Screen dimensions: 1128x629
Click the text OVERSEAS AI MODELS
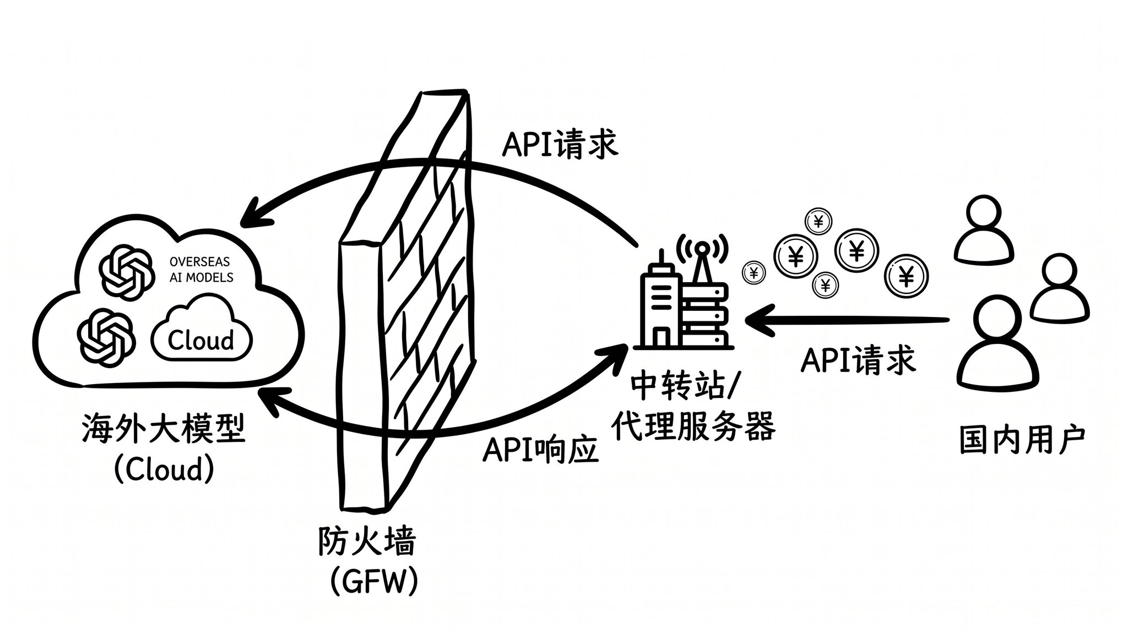201,269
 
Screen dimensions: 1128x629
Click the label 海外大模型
164,429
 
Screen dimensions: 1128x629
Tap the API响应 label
540,452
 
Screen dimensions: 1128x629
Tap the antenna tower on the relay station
701,259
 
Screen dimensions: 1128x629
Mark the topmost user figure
984,229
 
